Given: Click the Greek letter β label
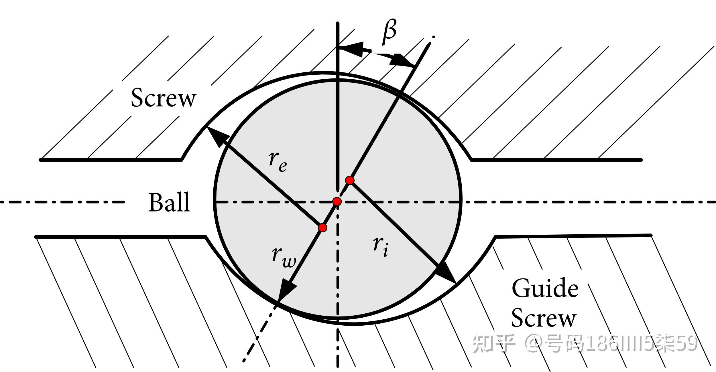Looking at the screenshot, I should (390, 32).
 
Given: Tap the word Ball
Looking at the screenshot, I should (169, 202).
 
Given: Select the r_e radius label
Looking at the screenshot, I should (278, 162).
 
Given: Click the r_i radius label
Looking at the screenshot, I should (381, 246).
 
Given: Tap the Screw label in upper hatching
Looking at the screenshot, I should (164, 98).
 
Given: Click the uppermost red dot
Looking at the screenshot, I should (350, 180).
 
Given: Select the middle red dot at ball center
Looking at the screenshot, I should (337, 201).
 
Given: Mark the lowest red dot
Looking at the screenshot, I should (322, 228).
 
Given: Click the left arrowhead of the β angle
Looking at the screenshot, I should (351, 49).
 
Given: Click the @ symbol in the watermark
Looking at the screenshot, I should (534, 343).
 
